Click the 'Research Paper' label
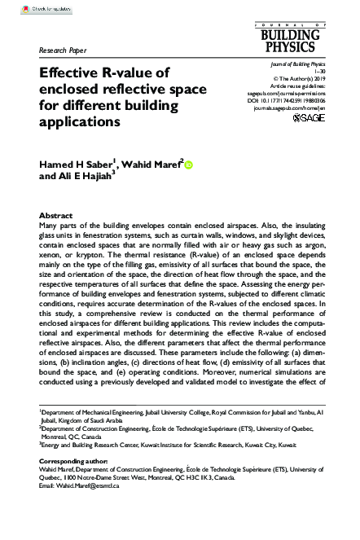[64, 50]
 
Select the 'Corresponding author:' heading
[74, 485]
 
